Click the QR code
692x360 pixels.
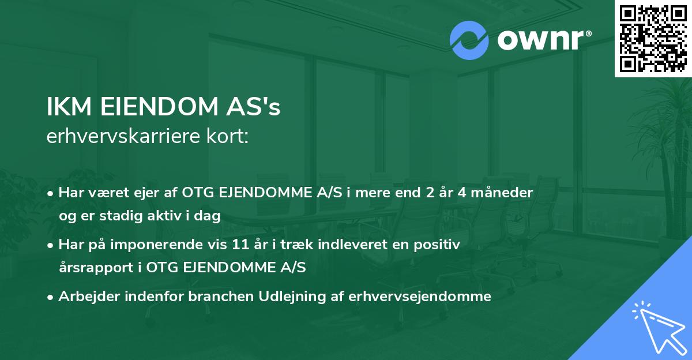coord(653,38)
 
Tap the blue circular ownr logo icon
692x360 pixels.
coord(469,40)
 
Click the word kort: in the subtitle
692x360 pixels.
coord(230,137)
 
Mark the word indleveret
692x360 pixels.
coord(332,245)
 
